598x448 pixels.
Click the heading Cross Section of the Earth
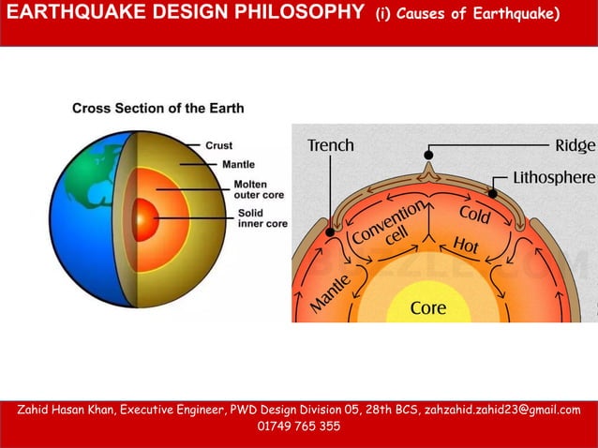coord(158,108)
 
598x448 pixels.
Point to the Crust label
coord(219,145)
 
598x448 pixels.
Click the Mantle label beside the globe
coord(239,165)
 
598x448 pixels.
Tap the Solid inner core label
coord(262,218)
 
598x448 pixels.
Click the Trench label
coord(331,145)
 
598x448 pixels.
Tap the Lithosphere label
coord(553,176)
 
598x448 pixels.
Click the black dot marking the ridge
coord(428,154)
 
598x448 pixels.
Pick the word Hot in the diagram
coord(467,246)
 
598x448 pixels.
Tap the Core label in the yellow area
coord(428,306)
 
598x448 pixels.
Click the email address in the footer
coord(502,410)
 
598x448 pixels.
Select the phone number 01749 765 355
coord(298,426)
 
